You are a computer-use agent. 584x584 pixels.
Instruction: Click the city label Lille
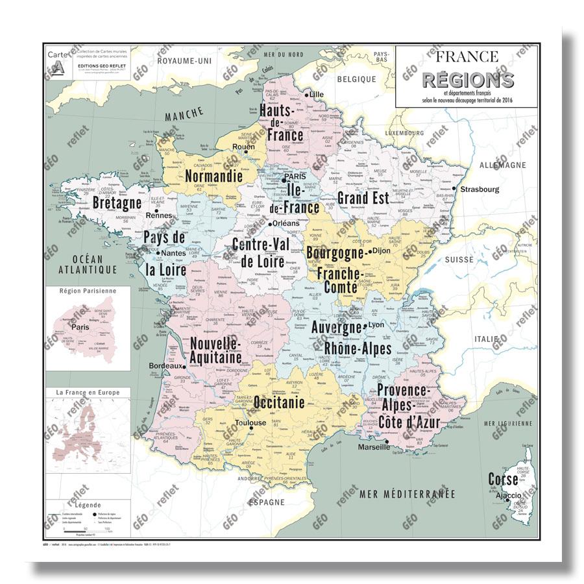(317, 95)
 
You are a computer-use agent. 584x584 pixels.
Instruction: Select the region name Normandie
(213, 176)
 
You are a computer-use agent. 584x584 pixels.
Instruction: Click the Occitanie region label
(279, 402)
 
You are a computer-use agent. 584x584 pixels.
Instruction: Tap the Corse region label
(504, 480)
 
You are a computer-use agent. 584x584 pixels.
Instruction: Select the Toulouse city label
(250, 423)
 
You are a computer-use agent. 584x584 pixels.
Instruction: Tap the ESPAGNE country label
(267, 502)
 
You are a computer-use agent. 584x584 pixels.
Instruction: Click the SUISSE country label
(459, 260)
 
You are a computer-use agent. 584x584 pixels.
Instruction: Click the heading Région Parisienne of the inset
(87, 291)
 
